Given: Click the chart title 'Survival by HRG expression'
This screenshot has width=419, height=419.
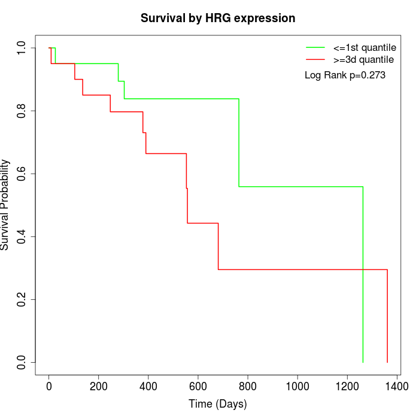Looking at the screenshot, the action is coord(218,19).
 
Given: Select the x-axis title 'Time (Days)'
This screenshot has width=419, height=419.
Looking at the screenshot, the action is coord(217,404).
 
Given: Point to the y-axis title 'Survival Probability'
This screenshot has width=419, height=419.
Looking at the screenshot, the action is coord(5,205).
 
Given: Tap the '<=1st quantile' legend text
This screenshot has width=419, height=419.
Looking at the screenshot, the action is coord(365,47).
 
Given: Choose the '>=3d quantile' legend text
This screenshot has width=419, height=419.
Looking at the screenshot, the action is coord(363,60).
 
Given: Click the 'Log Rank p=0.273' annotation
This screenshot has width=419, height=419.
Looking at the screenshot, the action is coord(345,75).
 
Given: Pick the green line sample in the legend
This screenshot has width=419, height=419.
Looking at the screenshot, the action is coord(315,47).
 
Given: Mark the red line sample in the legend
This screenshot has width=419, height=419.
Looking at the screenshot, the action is coord(315,59).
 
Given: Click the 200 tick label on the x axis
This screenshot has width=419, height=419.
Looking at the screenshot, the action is coord(99,387).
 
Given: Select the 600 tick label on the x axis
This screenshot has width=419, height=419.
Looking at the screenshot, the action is coord(198,387).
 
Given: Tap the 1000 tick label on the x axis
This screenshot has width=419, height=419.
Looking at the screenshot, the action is coord(297,387).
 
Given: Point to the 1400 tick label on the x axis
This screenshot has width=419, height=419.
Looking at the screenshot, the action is coord(397,387).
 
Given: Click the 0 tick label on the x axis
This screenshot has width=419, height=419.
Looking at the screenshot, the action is coord(49,387).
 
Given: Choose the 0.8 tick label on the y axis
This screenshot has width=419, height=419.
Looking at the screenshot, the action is coord(21,111).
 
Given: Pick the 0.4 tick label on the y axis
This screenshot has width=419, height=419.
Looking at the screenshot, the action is coord(21,237).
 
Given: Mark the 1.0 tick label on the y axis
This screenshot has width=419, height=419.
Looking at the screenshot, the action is coord(21,48).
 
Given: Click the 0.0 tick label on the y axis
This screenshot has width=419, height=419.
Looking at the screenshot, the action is coord(21,362).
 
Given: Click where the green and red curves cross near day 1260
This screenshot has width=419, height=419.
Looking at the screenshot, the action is coord(363,269).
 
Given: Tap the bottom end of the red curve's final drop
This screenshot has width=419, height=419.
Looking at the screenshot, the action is coord(387,362).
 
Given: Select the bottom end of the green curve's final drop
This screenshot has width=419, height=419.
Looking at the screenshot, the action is coord(363,362).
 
